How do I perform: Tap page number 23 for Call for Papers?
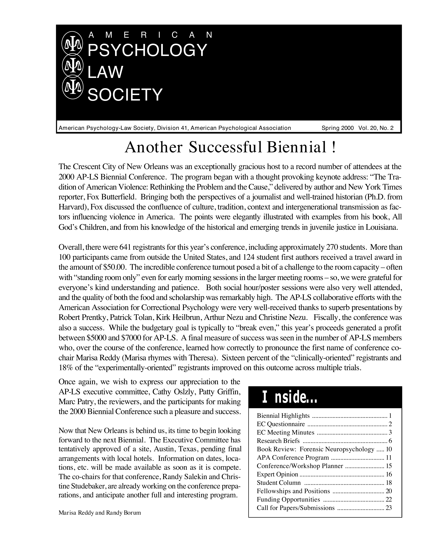coord(388,508)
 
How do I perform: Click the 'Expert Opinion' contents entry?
coord(277,474)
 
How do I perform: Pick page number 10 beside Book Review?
coord(389,449)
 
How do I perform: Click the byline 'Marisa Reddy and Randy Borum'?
coord(100,513)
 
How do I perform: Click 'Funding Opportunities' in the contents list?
coord(288,499)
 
